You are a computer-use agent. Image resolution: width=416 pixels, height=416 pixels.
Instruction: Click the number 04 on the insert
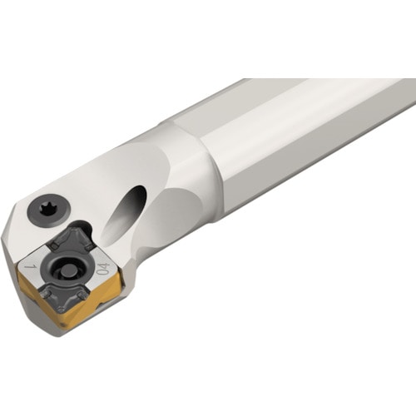[102, 268]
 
